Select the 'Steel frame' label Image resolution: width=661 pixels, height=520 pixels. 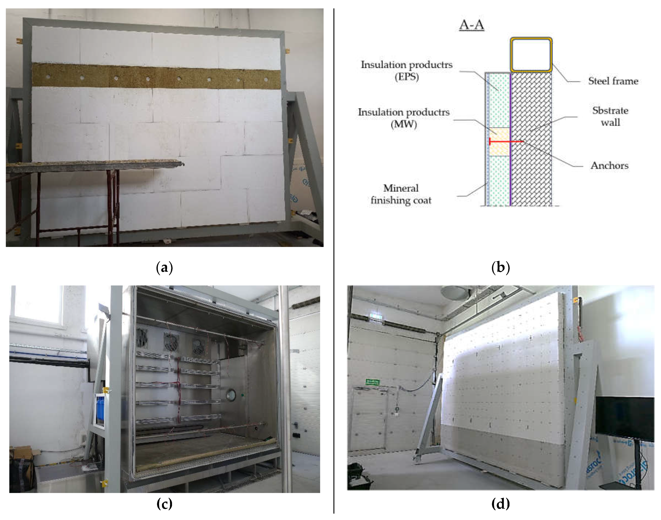click(x=613, y=81)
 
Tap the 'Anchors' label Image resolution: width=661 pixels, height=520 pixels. click(x=609, y=165)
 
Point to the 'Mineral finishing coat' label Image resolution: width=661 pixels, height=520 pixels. click(x=401, y=194)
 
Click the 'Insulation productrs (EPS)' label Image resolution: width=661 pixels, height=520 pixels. click(x=406, y=70)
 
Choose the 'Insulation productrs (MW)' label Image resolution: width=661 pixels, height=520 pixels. click(x=404, y=118)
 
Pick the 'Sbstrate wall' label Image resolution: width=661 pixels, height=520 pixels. click(x=610, y=116)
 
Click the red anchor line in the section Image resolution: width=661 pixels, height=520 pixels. click(x=506, y=141)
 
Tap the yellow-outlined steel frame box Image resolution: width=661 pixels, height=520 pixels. click(x=531, y=55)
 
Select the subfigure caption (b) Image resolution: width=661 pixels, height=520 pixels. click(x=500, y=268)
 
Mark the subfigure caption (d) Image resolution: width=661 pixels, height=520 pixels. click(x=500, y=504)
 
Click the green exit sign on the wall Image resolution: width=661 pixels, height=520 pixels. click(x=372, y=382)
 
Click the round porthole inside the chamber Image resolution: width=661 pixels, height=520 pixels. click(x=231, y=395)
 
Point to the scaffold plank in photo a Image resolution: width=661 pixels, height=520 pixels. click(x=94, y=166)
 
